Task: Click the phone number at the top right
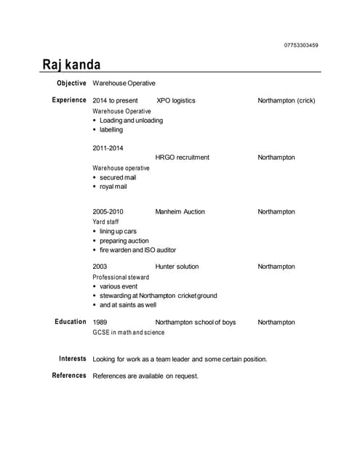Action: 300,45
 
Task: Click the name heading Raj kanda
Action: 71,65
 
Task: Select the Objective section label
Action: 71,83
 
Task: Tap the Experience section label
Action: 69,100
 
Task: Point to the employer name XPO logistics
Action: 175,100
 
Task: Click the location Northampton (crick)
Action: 286,100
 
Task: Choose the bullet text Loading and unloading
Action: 131,120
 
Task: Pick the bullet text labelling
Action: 111,129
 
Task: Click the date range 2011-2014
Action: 108,148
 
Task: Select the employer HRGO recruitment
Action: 182,157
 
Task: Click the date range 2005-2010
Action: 108,211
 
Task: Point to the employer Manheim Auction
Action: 180,211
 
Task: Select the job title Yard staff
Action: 105,222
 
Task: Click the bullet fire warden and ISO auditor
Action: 137,250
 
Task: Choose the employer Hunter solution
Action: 177,267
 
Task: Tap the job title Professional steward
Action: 121,277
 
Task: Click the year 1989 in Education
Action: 100,322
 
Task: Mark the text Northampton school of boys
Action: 195,322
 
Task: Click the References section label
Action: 69,376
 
